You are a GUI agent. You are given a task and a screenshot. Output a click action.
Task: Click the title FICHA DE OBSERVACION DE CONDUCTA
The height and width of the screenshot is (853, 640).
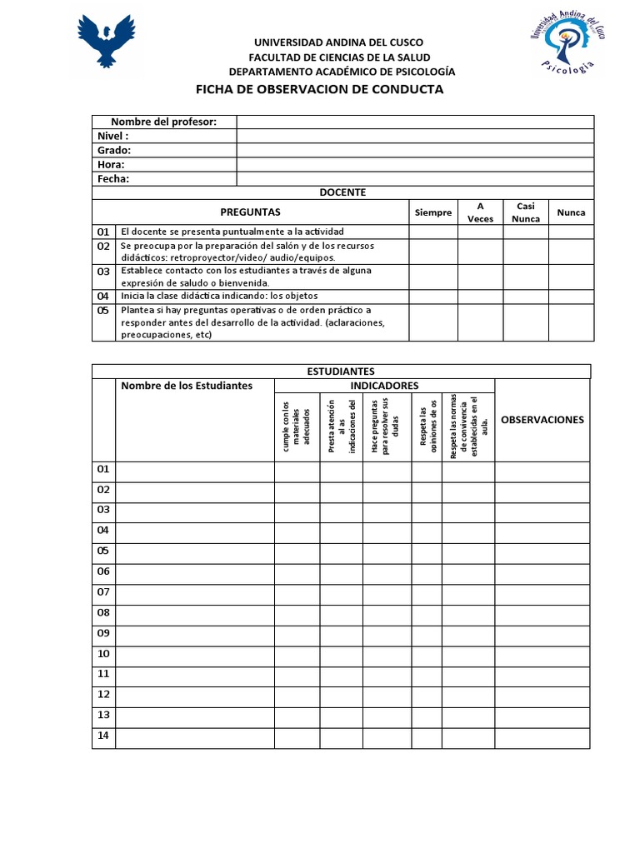click(x=319, y=89)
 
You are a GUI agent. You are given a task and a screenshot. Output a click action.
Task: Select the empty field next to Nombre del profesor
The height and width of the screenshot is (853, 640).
click(x=415, y=122)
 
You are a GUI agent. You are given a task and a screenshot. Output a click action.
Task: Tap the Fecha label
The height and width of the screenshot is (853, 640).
click(x=113, y=179)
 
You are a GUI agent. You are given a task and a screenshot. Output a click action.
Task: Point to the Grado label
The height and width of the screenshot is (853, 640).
click(x=114, y=151)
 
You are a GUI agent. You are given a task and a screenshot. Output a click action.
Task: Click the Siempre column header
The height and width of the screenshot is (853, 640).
click(x=433, y=212)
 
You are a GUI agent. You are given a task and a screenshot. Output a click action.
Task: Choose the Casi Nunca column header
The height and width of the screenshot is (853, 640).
click(x=525, y=212)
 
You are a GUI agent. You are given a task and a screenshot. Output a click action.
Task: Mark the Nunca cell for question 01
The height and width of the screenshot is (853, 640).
click(x=571, y=232)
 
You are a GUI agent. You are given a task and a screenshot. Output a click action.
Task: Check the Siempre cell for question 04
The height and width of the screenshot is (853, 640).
click(x=433, y=296)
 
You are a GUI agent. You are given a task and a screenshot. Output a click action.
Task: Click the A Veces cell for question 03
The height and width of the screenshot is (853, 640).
click(x=480, y=277)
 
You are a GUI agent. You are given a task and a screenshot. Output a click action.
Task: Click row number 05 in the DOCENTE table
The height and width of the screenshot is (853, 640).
click(x=103, y=311)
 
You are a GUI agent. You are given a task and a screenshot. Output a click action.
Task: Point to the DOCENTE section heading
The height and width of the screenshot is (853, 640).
click(x=342, y=192)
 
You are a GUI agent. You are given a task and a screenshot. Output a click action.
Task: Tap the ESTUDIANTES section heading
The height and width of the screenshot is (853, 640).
click(x=341, y=372)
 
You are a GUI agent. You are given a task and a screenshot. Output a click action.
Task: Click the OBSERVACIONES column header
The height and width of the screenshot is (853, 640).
click(x=542, y=420)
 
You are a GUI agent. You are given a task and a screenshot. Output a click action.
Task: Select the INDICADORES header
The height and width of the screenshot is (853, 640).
click(x=384, y=386)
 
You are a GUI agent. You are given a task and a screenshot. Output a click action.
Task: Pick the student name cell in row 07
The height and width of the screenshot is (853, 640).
click(x=195, y=592)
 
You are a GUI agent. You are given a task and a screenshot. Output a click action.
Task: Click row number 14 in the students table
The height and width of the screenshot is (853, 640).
click(x=103, y=736)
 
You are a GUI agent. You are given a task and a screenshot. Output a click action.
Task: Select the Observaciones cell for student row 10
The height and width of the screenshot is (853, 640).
click(x=542, y=654)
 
